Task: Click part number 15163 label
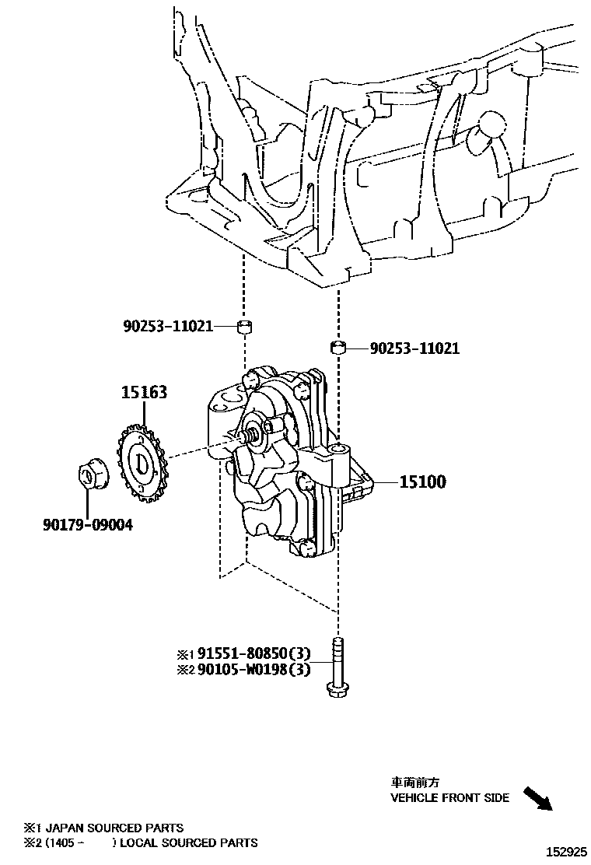coord(143,393)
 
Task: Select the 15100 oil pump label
coord(422,482)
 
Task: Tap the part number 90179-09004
coord(87,525)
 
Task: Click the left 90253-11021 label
coord(167,326)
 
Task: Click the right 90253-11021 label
coord(414,348)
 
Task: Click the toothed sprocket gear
coord(142,461)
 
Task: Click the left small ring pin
coord(243,325)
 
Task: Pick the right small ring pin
coord(338,347)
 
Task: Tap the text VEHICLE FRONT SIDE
coord(449,797)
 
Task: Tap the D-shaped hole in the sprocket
coord(143,461)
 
